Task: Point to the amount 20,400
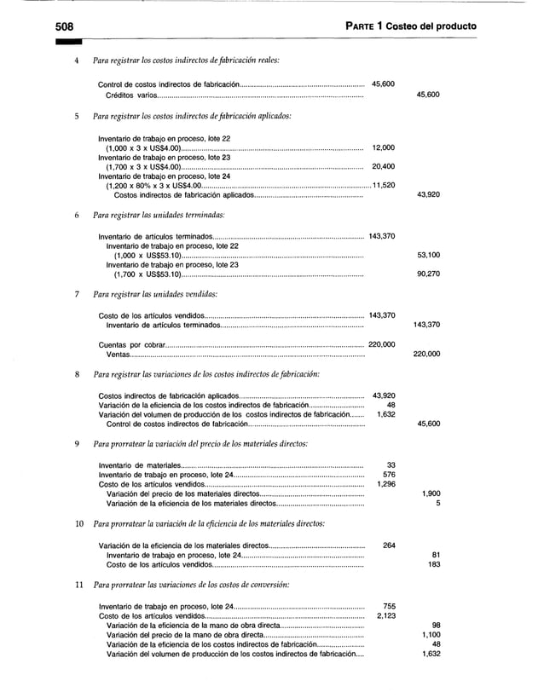pyautogui.click(x=384, y=166)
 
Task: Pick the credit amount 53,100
pyautogui.click(x=428, y=255)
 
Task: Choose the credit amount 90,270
pyautogui.click(x=428, y=274)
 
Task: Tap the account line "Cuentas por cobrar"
pyautogui.click(x=131, y=344)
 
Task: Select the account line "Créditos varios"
pyautogui.click(x=131, y=95)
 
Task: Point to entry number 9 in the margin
pyautogui.click(x=77, y=443)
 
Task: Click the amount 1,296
pyautogui.click(x=385, y=484)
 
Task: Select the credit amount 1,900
pyautogui.click(x=431, y=493)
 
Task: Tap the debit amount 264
pyautogui.click(x=389, y=545)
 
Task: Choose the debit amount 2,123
pyautogui.click(x=385, y=615)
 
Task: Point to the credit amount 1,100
pyautogui.click(x=431, y=634)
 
